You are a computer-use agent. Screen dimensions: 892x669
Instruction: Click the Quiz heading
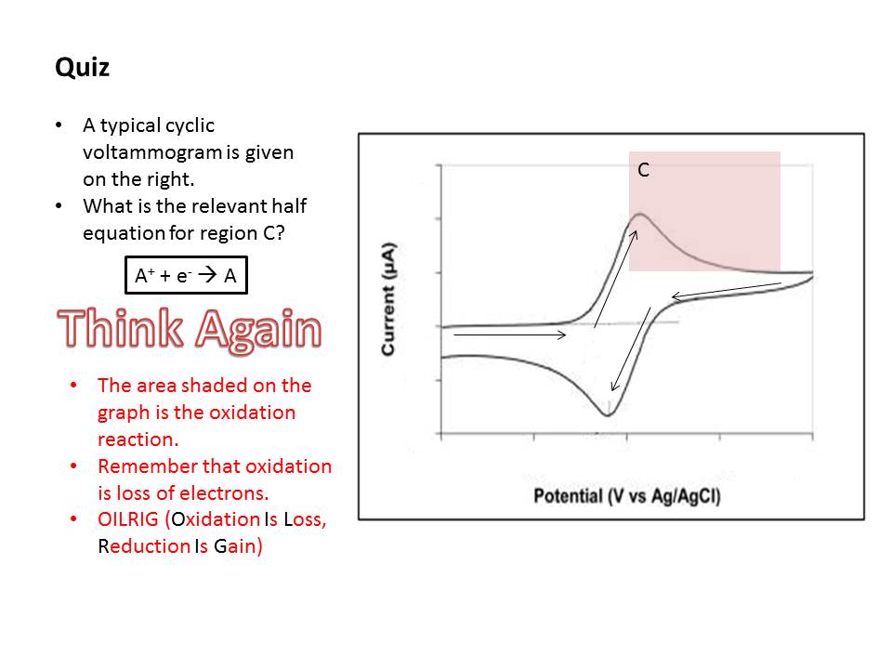[x=82, y=68]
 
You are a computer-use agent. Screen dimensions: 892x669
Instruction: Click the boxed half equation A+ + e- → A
[x=186, y=275]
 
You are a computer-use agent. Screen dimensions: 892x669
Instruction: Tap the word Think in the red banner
[x=121, y=328]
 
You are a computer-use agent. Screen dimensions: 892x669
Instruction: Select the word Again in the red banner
[x=259, y=330]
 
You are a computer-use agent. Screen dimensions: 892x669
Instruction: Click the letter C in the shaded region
[x=643, y=169]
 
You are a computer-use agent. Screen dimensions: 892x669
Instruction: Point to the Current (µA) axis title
[x=388, y=300]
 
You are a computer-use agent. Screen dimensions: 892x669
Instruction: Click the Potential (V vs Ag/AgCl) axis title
[x=627, y=496]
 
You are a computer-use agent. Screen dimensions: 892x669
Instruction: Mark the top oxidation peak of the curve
[x=639, y=214]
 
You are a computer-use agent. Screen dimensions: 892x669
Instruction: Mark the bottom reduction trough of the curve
[x=608, y=415]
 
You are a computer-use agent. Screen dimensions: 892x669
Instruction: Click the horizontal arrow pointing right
[x=510, y=335]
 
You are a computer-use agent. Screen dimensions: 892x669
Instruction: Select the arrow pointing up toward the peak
[x=615, y=280]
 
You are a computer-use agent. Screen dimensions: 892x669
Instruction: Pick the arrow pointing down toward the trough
[x=631, y=349]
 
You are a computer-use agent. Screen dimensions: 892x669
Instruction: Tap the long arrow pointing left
[x=727, y=290]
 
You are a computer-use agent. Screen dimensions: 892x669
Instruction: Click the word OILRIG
[x=128, y=518]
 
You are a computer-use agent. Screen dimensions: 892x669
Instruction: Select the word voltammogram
[x=152, y=152]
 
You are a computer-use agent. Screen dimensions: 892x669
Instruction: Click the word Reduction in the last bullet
[x=144, y=546]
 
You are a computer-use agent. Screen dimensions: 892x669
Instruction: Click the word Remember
[x=148, y=466]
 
